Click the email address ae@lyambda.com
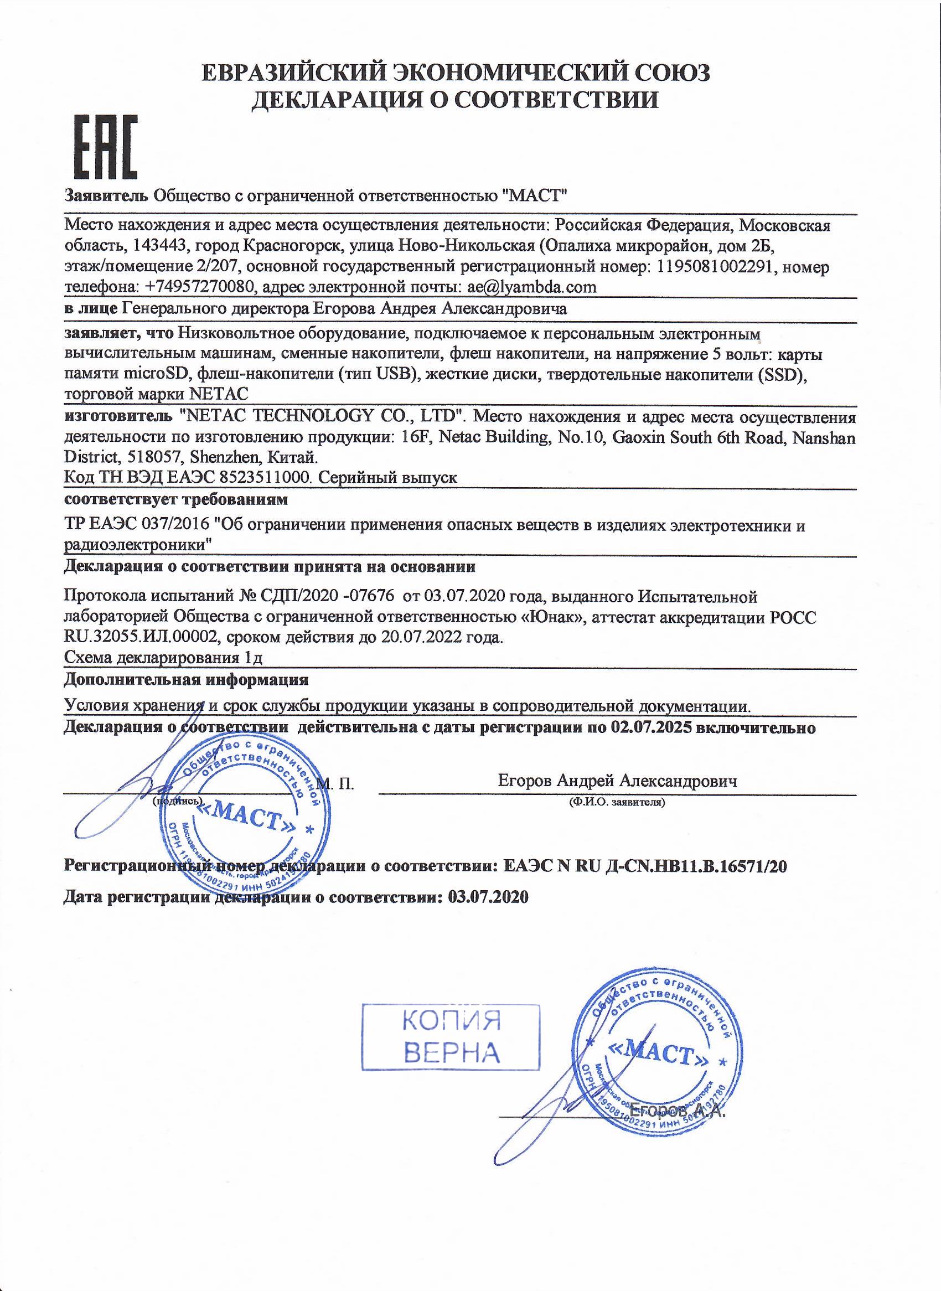(531, 287)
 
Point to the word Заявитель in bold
(106, 196)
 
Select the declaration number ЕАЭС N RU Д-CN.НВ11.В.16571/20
(646, 866)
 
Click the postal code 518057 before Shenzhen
(153, 457)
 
